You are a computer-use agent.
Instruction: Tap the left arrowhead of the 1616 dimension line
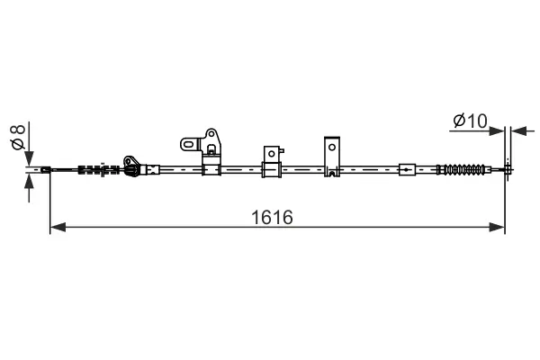[x=57, y=227]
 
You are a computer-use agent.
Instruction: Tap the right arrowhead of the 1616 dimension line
[x=498, y=227]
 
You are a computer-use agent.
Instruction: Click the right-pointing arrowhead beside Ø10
[x=497, y=130]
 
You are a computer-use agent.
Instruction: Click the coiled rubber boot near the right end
[x=463, y=168]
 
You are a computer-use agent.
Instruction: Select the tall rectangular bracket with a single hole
[x=332, y=156]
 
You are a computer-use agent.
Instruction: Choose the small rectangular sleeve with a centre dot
[x=407, y=168]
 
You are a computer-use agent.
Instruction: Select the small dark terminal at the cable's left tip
[x=46, y=168]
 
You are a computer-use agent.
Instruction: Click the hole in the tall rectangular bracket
[x=332, y=147]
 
